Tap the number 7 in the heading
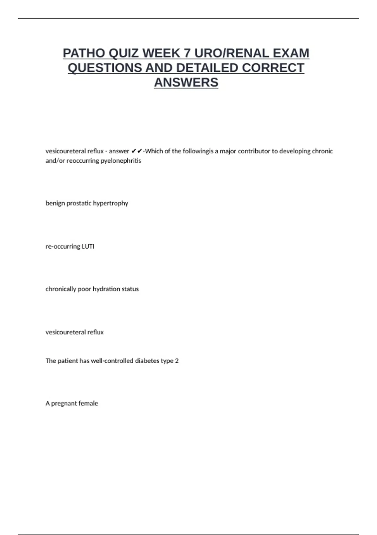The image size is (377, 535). pyautogui.click(x=187, y=53)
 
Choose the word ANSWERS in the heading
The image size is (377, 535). pyautogui.click(x=186, y=82)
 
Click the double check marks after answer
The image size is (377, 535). pyautogui.click(x=137, y=151)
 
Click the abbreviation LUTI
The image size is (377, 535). pyautogui.click(x=88, y=246)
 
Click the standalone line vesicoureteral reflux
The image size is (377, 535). pyautogui.click(x=74, y=332)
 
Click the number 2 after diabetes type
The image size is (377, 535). pyautogui.click(x=177, y=361)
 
